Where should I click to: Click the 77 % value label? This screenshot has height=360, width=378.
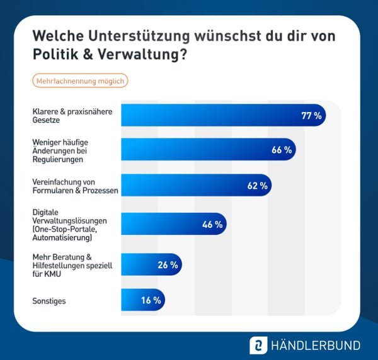311,115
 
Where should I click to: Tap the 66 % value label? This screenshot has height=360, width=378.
282,150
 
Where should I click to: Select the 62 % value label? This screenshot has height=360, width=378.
257,186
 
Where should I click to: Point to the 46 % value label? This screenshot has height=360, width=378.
212,224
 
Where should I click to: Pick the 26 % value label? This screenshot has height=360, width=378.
168,265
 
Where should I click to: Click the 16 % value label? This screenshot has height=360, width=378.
151,301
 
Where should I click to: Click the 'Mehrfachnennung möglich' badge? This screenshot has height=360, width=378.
80,81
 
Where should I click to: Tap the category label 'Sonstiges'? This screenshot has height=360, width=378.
49,301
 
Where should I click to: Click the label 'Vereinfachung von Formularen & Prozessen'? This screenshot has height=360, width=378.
75,186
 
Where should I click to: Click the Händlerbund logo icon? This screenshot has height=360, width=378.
258,345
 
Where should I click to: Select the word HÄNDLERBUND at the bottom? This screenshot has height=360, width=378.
315,345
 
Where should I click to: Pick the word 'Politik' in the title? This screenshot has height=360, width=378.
54,55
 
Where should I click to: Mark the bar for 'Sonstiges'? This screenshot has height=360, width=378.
142,301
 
